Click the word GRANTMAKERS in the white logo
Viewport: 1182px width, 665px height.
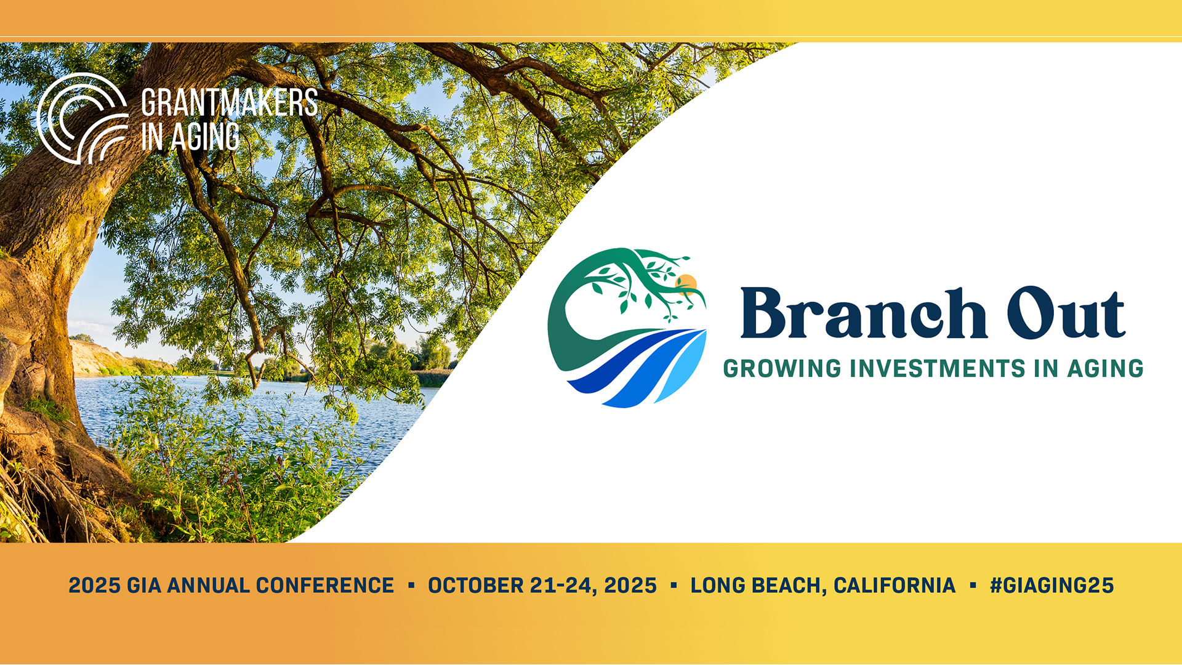[x=230, y=102]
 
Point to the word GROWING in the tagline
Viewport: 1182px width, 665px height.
[x=782, y=368]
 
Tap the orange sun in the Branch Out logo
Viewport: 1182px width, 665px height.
[x=686, y=283]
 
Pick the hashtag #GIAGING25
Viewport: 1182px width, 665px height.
[x=1051, y=585]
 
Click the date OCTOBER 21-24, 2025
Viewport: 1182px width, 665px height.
[x=542, y=585]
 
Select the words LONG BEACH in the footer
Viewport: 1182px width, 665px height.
[x=755, y=585]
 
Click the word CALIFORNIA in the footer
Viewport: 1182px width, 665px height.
[x=894, y=585]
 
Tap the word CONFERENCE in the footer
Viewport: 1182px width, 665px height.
[x=325, y=585]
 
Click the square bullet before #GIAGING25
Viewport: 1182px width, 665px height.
[x=973, y=585]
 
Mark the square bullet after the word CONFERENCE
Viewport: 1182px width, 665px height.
[x=411, y=585]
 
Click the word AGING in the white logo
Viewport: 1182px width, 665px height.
[x=205, y=136]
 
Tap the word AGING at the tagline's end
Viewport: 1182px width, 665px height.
[x=1105, y=368]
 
